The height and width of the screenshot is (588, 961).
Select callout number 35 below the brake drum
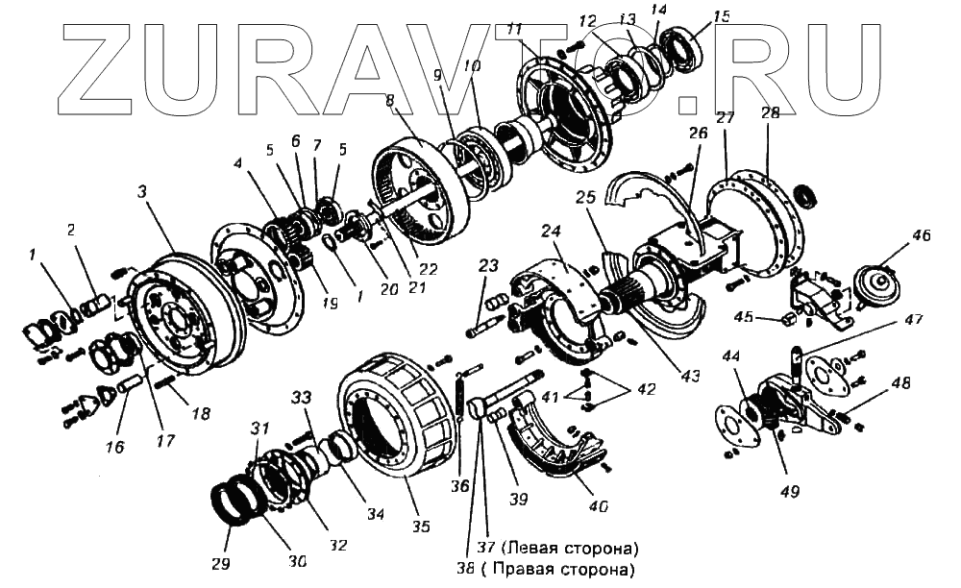pyautogui.click(x=420, y=526)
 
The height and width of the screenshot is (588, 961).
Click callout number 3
pyautogui.click(x=141, y=192)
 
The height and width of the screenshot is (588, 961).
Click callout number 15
pyautogui.click(x=721, y=16)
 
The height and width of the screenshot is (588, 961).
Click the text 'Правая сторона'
pyautogui.click(x=574, y=570)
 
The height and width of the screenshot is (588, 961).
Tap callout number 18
pyautogui.click(x=201, y=414)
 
